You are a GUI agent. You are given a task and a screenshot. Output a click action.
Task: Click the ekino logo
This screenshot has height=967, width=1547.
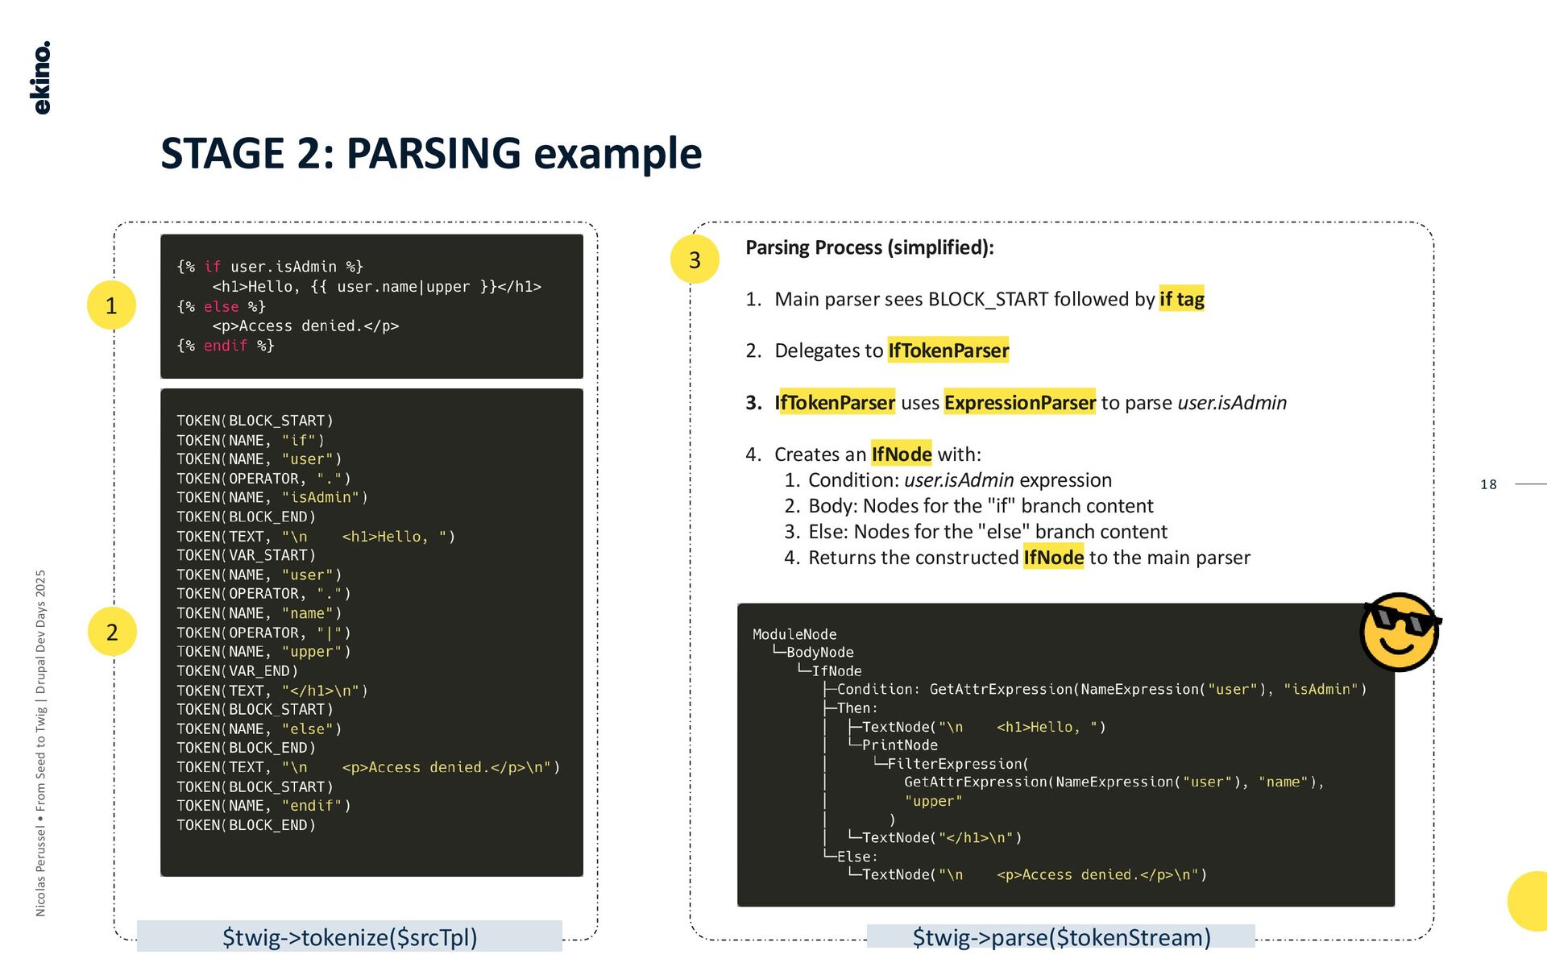pyautogui.click(x=42, y=77)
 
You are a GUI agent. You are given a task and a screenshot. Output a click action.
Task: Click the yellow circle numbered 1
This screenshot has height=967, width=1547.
pyautogui.click(x=111, y=305)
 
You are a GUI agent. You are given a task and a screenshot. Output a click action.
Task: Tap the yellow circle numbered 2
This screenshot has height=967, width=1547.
pyautogui.click(x=112, y=632)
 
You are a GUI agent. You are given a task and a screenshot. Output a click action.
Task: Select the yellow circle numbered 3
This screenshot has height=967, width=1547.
pyautogui.click(x=695, y=259)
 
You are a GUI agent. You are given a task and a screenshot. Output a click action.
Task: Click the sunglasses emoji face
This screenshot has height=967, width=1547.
pyautogui.click(x=1399, y=633)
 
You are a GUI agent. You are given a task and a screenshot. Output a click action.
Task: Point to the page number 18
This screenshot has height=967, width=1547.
pyautogui.click(x=1488, y=484)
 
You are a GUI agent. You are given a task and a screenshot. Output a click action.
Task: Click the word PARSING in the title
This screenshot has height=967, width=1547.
pyautogui.click(x=433, y=153)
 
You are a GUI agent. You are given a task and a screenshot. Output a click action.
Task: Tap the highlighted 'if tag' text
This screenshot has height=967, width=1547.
pyautogui.click(x=1181, y=299)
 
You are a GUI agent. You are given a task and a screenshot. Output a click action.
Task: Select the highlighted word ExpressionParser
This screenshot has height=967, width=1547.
pyautogui.click(x=1019, y=402)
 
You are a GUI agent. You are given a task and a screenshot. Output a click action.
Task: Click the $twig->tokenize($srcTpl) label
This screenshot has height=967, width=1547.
pyautogui.click(x=350, y=937)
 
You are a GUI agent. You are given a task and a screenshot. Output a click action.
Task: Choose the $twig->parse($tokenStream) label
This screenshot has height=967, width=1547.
pyautogui.click(x=1061, y=937)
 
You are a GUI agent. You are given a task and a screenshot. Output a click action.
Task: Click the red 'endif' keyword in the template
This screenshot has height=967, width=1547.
pyautogui.click(x=226, y=346)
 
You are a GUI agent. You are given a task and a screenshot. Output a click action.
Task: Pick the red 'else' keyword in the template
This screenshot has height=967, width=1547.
pyautogui.click(x=221, y=307)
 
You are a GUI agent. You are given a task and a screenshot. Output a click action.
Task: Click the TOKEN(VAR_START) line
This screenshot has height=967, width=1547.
pyautogui.click(x=246, y=555)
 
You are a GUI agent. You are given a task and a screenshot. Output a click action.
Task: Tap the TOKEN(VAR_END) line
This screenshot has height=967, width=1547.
pyautogui.click(x=237, y=670)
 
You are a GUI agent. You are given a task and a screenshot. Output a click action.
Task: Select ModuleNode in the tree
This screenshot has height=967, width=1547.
pyautogui.click(x=794, y=634)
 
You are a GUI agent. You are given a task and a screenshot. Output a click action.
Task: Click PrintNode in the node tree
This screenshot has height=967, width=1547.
pyautogui.click(x=899, y=745)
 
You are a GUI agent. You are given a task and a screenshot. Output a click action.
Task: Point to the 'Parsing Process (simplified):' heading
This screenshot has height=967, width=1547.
pyautogui.click(x=869, y=247)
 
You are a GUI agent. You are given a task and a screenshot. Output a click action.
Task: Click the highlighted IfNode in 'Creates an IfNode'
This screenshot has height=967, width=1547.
pyautogui.click(x=901, y=454)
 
